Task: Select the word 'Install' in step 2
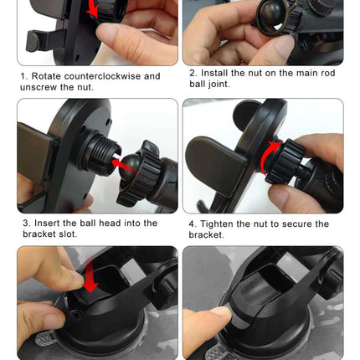(x=214, y=73)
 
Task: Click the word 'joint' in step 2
(x=219, y=84)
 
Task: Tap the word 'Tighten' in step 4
(x=217, y=224)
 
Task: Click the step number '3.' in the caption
(x=27, y=223)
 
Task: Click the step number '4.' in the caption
(x=193, y=224)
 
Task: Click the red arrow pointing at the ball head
(x=126, y=165)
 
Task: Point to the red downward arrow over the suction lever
(x=90, y=275)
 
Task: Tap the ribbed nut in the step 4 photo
(x=284, y=162)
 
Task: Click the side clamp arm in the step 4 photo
(x=215, y=166)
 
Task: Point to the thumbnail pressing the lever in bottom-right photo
(x=223, y=312)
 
